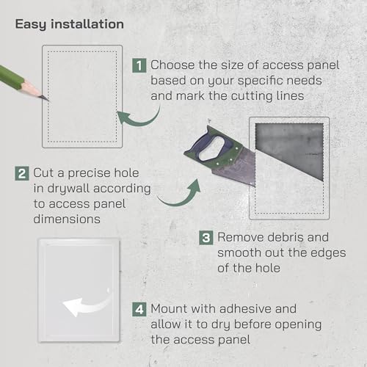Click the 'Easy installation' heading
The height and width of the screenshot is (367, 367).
click(70, 25)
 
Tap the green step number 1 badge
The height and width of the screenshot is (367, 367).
click(139, 65)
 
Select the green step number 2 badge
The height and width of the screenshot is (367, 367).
click(22, 173)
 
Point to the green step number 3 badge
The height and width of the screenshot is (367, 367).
click(206, 238)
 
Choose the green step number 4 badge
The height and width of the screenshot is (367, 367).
click(139, 310)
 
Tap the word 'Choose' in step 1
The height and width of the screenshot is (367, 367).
click(172, 65)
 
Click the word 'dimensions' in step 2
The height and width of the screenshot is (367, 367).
click(67, 219)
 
